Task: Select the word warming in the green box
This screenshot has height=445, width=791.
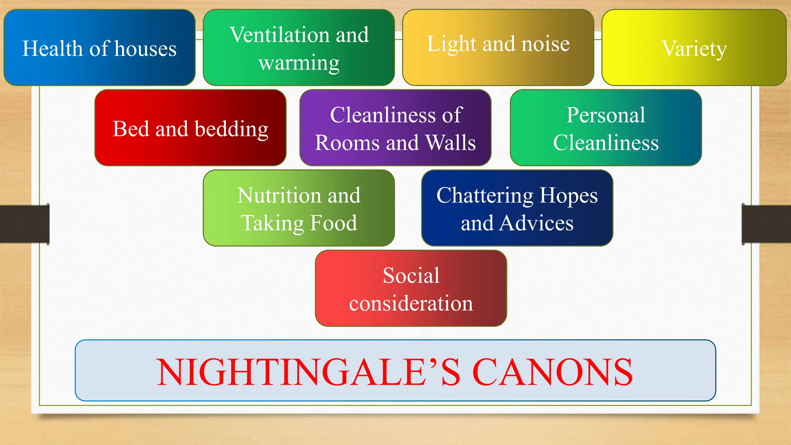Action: (x=299, y=63)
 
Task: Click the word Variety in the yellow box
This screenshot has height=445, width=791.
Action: (x=694, y=49)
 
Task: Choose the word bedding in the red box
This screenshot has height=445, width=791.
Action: (x=231, y=129)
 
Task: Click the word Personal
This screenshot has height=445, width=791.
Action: (x=606, y=115)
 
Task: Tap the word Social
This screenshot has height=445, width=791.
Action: (x=411, y=275)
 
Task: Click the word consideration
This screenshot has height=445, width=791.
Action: (x=411, y=303)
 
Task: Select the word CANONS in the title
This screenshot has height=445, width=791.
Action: (x=552, y=372)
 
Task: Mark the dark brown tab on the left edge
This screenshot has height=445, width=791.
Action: (x=24, y=224)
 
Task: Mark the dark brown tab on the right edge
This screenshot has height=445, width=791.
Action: (x=766, y=224)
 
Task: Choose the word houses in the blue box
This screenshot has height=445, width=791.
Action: (x=145, y=49)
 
